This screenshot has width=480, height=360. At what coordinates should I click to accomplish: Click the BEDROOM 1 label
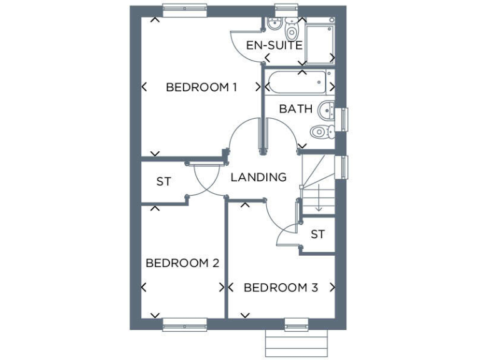point(201,87)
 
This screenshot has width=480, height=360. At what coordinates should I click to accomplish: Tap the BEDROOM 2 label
point(182,263)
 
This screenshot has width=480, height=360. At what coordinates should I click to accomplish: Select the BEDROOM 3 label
point(281,288)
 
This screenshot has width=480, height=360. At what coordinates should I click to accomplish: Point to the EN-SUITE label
point(274,46)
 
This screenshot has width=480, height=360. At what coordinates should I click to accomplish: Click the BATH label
point(296,109)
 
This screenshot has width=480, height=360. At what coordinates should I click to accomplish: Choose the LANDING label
point(258,177)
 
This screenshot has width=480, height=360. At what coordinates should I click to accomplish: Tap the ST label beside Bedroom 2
point(164,182)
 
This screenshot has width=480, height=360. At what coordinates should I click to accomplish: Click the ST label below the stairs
point(317,234)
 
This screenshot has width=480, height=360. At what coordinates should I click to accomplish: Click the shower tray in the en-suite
point(319,41)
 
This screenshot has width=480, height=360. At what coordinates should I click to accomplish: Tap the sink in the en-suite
point(273,26)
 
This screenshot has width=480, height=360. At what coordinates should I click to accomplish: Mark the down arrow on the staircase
point(318,203)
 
